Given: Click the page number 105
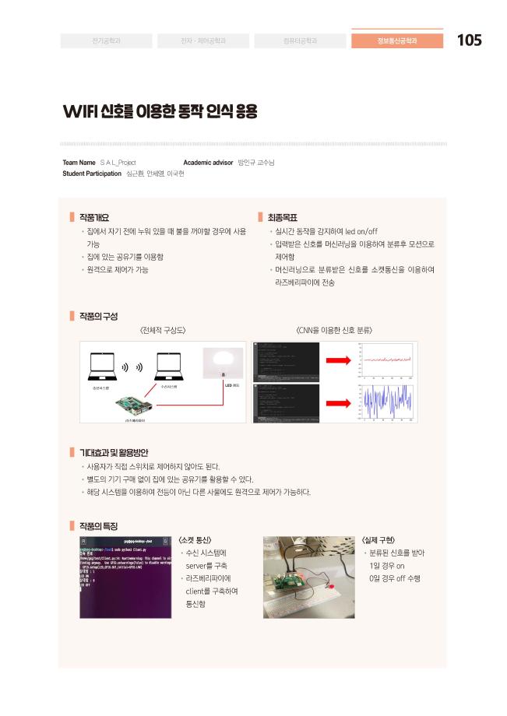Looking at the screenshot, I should pos(469,40).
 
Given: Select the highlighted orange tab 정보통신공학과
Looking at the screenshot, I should pos(397,40).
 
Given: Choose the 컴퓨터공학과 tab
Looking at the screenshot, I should pos(300,40).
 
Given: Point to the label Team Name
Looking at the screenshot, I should pos(79,162).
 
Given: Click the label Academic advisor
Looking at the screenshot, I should pos(208,162).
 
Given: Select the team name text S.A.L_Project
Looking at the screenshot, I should pos(118,162).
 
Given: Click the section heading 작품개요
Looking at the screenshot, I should pos(94,217).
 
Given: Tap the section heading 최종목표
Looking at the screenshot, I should pos(283,217).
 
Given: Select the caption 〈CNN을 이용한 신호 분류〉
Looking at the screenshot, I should pos(335,330).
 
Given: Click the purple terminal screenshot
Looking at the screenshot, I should pos(125,576).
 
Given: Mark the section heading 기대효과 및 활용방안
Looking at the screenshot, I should pos(114,452).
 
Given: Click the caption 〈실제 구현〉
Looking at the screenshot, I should pos(379,539).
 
